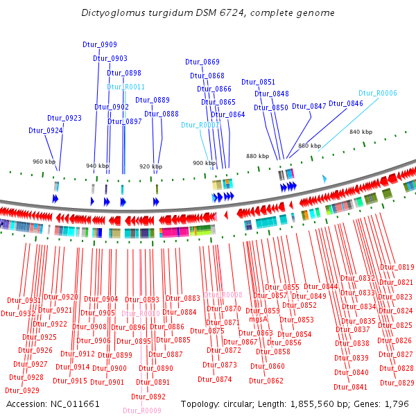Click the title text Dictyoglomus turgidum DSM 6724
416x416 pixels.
point(207,12)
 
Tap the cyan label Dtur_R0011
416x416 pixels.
point(125,87)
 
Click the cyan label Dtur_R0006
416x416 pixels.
point(378,93)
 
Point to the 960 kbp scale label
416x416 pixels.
point(43,162)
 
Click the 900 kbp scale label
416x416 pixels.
point(203,163)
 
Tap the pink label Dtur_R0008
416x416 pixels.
point(223,295)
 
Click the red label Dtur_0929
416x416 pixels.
point(21,390)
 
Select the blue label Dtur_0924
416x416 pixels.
point(46,130)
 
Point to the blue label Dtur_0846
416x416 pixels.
point(345,103)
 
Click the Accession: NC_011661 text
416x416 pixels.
point(53,403)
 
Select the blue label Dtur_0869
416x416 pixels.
point(202,62)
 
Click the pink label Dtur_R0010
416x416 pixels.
point(141,313)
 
